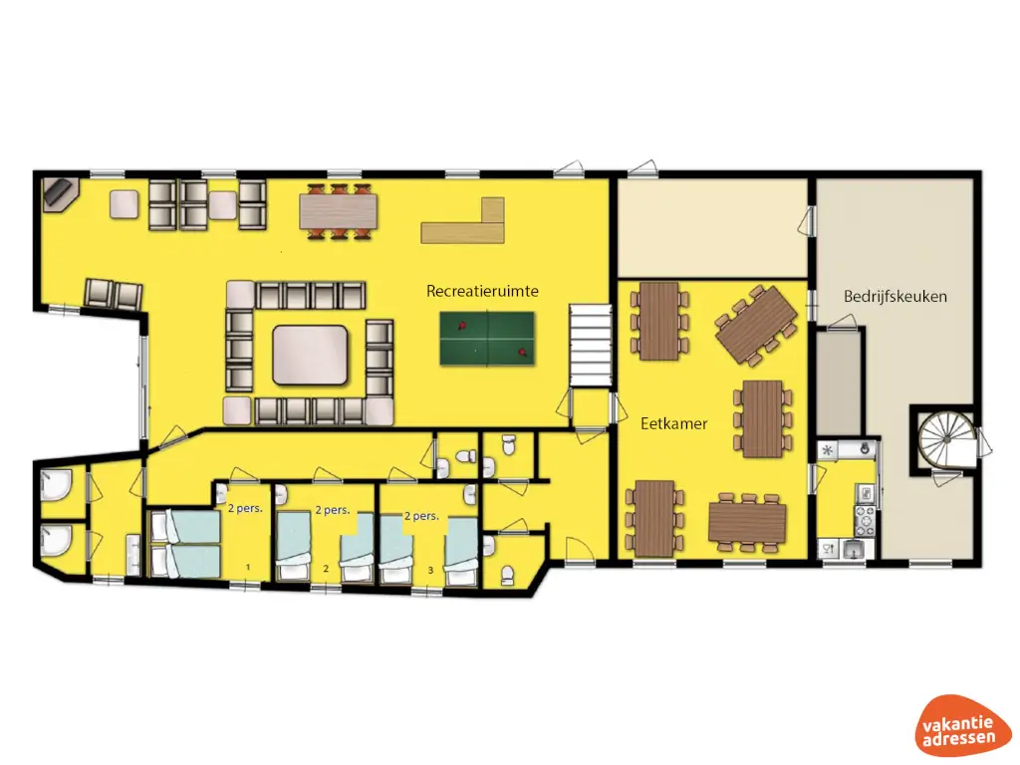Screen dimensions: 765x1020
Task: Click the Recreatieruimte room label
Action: point(482,291)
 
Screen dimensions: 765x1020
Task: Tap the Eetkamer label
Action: point(673,423)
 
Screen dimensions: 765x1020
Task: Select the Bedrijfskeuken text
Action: point(894,296)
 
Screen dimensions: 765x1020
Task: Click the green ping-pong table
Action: point(488,336)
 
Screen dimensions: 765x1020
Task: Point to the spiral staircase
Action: point(940,437)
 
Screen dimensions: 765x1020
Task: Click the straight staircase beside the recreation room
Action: point(588,347)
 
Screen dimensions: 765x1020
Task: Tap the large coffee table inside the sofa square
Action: point(310,355)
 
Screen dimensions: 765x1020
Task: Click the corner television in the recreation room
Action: point(60,192)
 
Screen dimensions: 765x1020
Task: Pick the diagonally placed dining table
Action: point(756,325)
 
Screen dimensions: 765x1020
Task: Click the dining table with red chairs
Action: point(339,210)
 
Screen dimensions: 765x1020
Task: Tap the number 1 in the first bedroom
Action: point(249,568)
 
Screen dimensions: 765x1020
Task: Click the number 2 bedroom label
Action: point(326,569)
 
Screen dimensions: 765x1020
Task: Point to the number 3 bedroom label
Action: point(429,569)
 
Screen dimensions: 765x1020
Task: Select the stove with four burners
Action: point(864,517)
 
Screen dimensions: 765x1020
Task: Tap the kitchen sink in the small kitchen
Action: point(852,548)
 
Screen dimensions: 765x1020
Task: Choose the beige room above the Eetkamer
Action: point(710,227)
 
